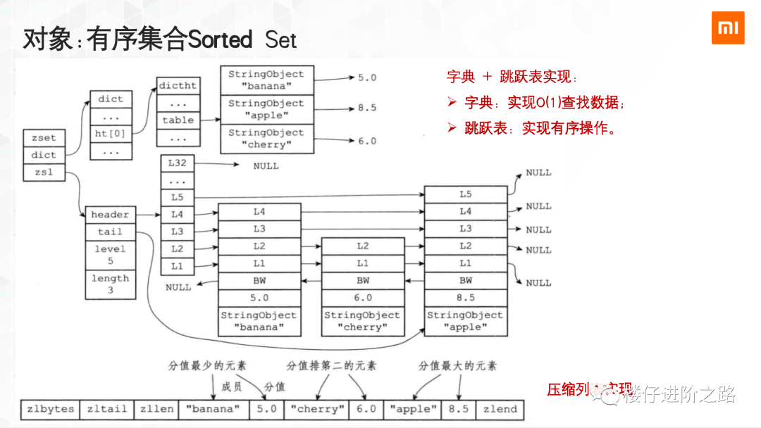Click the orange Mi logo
click(x=727, y=28)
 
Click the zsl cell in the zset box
click(x=44, y=172)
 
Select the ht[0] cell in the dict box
click(x=111, y=133)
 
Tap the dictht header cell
click(x=178, y=85)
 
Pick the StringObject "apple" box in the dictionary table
click(x=266, y=109)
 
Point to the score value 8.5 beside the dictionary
click(x=367, y=108)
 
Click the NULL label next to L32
click(x=266, y=166)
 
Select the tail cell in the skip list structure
click(x=110, y=232)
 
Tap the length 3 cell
click(x=110, y=284)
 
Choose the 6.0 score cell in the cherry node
click(x=362, y=298)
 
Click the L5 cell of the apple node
click(x=465, y=194)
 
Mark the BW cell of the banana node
click(x=259, y=280)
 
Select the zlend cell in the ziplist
click(x=500, y=409)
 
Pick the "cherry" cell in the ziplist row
click(x=317, y=409)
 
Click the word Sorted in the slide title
click(x=219, y=39)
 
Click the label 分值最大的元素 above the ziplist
click(x=457, y=366)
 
